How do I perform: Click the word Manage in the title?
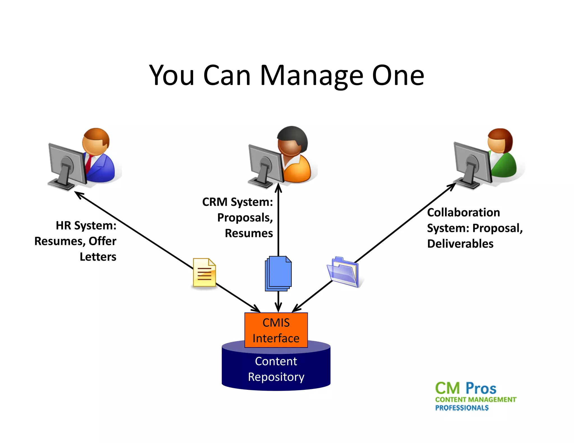(x=312, y=76)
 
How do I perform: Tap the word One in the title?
(x=398, y=76)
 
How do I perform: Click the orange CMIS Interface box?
(x=276, y=330)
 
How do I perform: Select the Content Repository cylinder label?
(x=276, y=369)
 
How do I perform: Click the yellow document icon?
(x=204, y=272)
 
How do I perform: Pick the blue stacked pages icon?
(x=278, y=273)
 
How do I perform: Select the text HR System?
(x=86, y=225)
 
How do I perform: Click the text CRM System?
(x=237, y=202)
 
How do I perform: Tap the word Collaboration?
(x=463, y=213)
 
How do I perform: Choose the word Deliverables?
(x=460, y=244)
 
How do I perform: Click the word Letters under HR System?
(x=98, y=257)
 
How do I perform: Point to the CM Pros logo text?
(x=466, y=388)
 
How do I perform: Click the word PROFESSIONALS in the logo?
(x=462, y=408)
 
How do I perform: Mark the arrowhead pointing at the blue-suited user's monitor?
(x=78, y=194)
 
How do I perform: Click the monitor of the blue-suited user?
(x=67, y=164)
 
